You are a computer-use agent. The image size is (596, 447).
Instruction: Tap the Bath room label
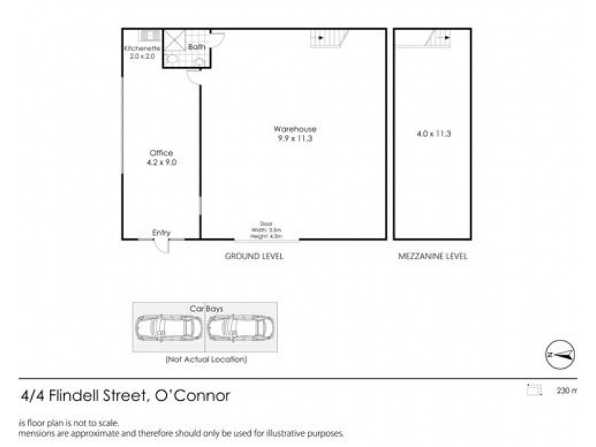[197, 47]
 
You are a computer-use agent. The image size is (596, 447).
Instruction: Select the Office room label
[161, 153]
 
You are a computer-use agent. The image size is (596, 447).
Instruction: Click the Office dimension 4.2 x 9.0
[161, 162]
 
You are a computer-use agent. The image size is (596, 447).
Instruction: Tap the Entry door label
[161, 233]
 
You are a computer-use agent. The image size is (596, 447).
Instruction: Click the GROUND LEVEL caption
[255, 256]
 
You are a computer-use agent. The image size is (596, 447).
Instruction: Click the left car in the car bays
[168, 328]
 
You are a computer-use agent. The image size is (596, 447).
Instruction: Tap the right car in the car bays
[241, 328]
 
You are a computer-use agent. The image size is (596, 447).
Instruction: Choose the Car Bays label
[205, 307]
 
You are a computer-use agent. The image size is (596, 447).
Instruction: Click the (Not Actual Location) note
[206, 360]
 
